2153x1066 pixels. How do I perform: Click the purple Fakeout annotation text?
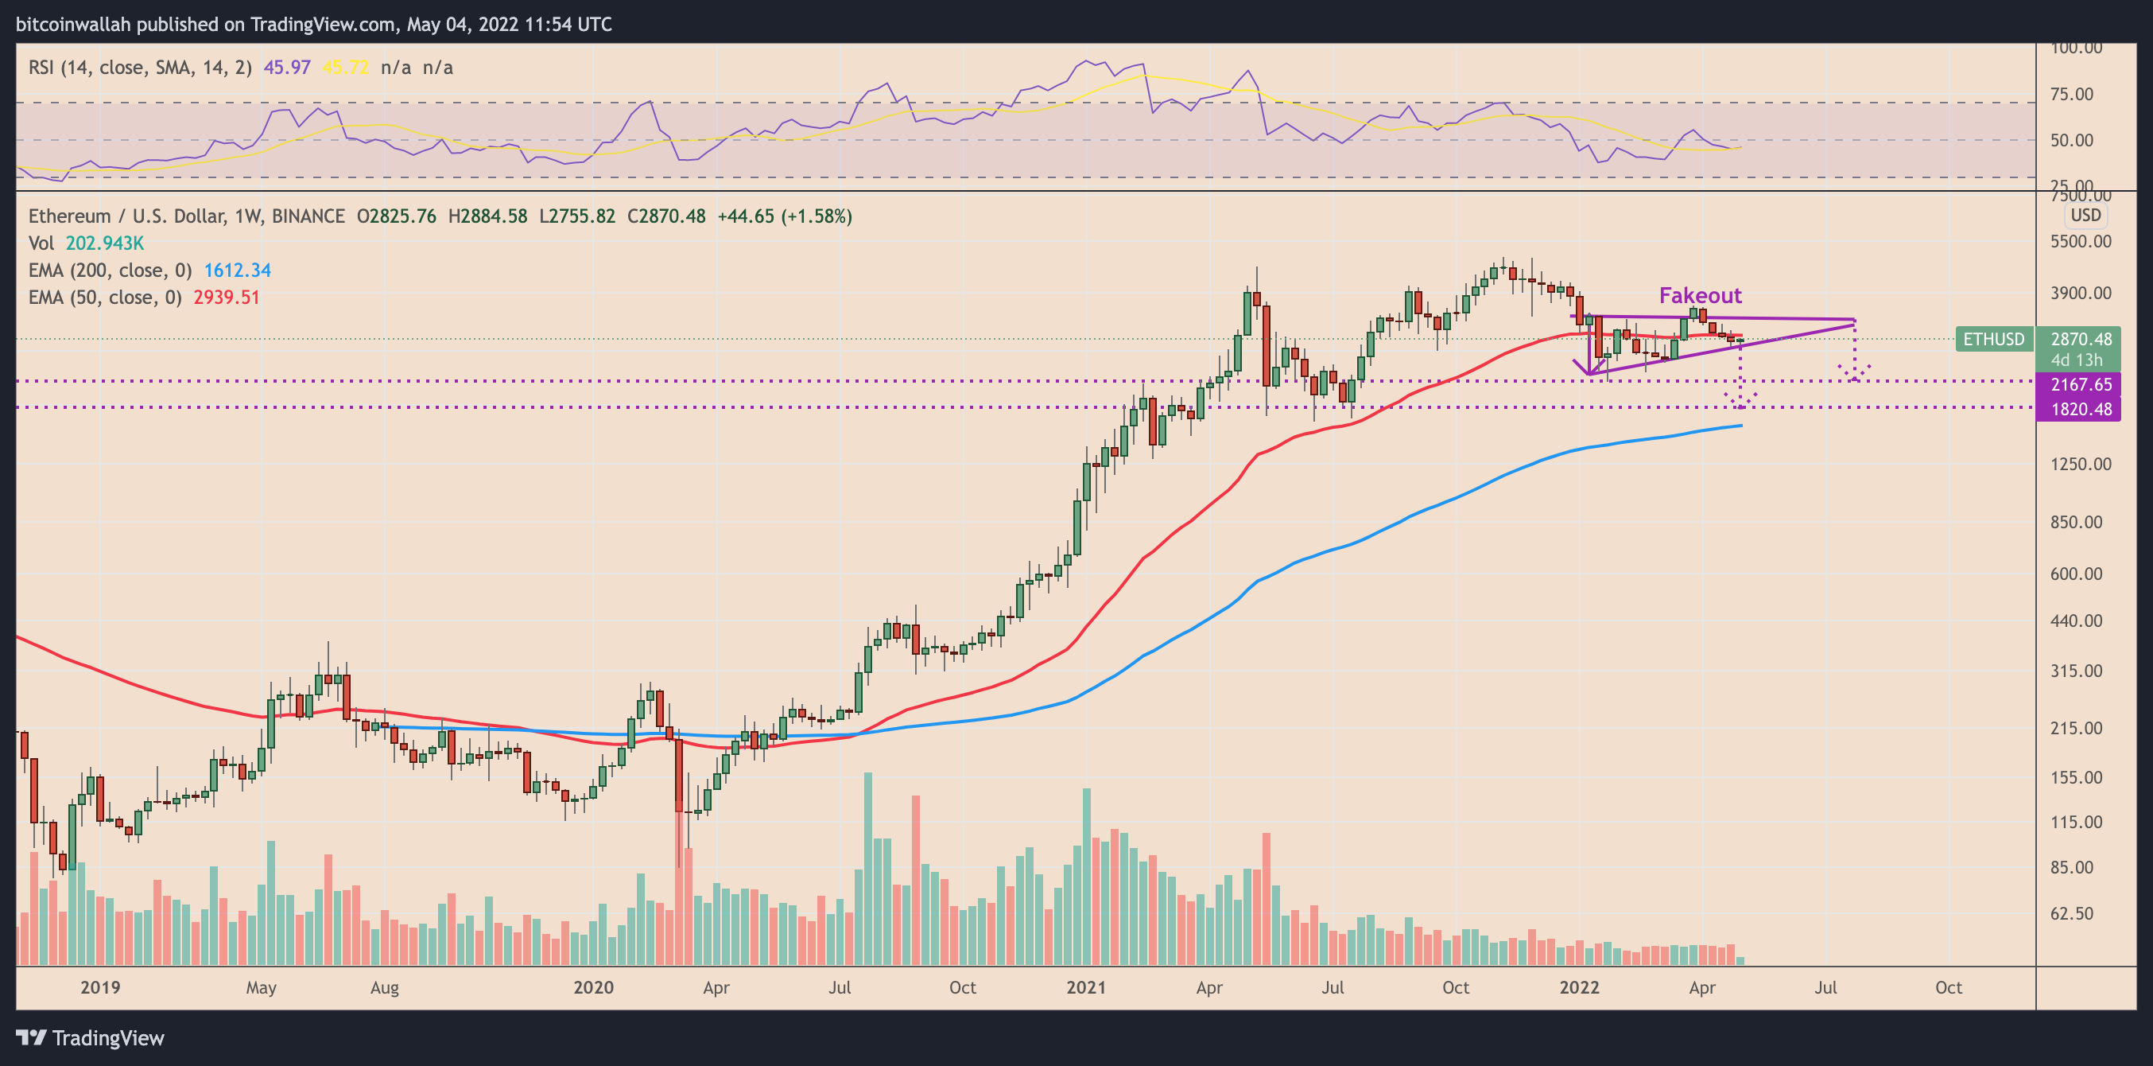click(1700, 295)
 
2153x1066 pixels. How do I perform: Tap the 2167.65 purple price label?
click(2081, 384)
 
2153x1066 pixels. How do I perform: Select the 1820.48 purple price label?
click(2081, 409)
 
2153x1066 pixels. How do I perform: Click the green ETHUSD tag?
click(1993, 339)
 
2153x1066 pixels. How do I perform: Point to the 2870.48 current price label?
click(2081, 339)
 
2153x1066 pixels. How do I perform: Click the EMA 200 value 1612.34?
click(238, 270)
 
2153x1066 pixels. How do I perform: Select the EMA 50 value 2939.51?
click(227, 297)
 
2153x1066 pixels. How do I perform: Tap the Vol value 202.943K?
click(104, 243)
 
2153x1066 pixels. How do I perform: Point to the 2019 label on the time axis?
click(100, 987)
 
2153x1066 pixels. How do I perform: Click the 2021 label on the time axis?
click(1086, 987)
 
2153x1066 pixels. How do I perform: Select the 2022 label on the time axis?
click(1579, 987)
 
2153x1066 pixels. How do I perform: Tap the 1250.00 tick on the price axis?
click(2081, 464)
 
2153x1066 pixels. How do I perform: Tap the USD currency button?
click(2085, 215)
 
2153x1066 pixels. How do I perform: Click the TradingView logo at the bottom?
click(91, 1037)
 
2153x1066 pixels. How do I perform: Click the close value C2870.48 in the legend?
click(666, 216)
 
